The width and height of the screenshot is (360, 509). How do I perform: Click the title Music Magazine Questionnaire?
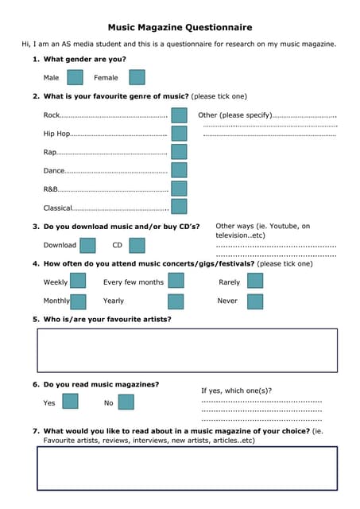[180, 27]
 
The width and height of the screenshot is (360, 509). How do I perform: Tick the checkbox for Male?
[75, 77]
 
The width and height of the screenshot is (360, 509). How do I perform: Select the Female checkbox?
[137, 77]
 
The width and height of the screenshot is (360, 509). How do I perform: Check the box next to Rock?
[179, 115]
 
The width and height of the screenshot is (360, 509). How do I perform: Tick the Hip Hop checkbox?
[179, 134]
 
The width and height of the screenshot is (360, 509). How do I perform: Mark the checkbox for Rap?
[179, 151]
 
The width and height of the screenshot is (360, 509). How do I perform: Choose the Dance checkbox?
[179, 170]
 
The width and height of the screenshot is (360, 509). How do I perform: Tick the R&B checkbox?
[179, 188]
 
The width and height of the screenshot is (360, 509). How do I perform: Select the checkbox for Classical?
[179, 207]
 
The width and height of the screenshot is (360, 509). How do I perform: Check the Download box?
[87, 245]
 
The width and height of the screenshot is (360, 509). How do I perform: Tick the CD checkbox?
[137, 245]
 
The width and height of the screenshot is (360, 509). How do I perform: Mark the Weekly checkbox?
[78, 281]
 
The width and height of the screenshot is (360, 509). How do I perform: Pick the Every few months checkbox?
[176, 281]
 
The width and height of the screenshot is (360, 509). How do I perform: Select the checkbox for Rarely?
[254, 281]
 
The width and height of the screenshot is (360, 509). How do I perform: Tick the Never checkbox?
[254, 301]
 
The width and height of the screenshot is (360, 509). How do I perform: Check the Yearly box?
[176, 301]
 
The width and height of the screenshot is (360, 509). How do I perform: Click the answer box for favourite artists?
[187, 350]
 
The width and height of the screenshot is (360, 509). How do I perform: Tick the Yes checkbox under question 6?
[70, 402]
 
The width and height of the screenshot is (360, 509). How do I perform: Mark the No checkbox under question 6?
[126, 402]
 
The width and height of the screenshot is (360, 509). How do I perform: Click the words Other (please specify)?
[235, 115]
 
